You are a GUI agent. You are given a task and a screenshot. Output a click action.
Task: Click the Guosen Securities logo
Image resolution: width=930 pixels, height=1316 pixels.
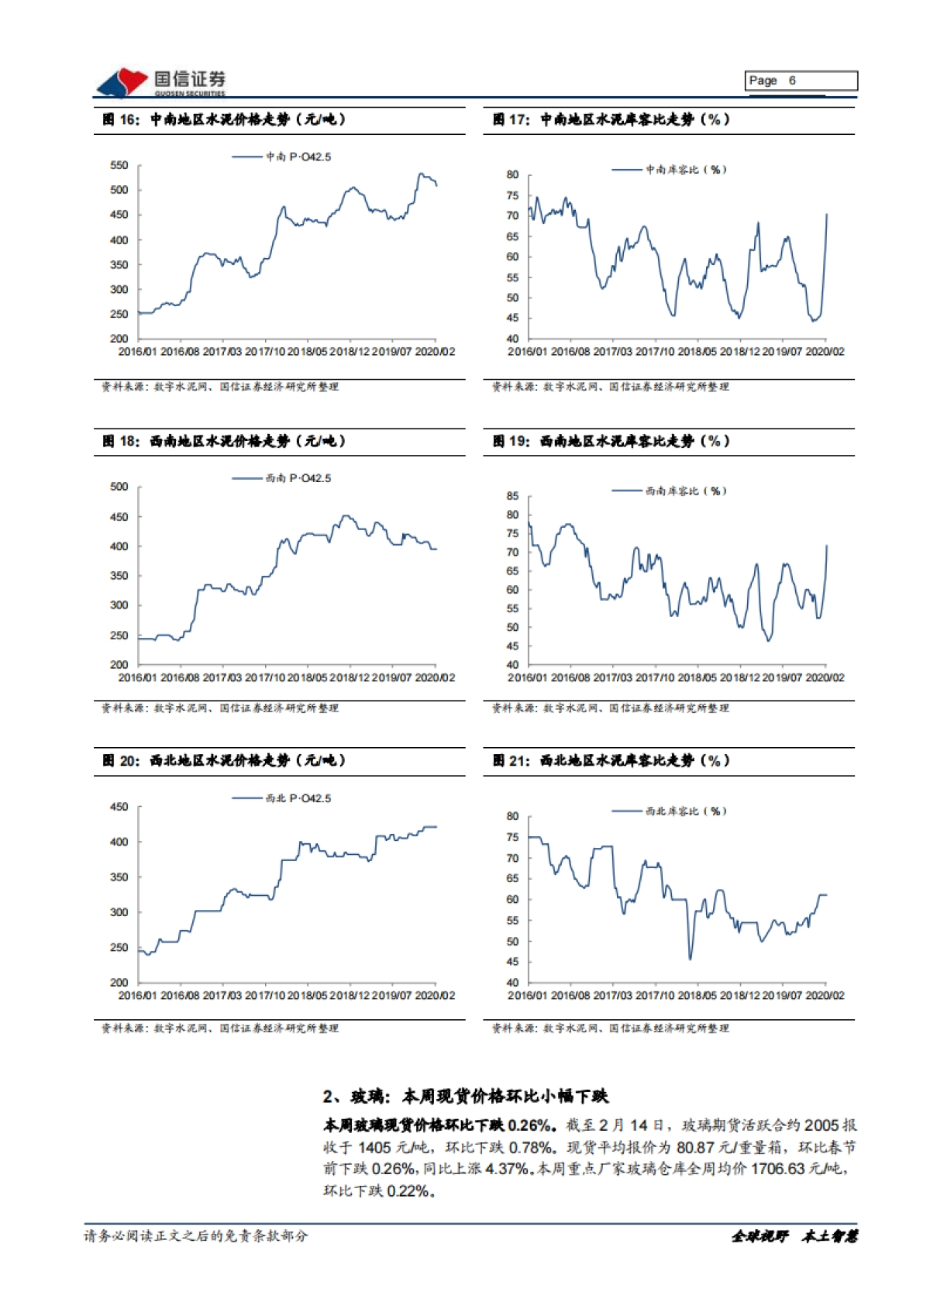click(x=160, y=82)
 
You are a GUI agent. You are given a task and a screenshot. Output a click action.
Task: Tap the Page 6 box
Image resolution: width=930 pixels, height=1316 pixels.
click(x=801, y=81)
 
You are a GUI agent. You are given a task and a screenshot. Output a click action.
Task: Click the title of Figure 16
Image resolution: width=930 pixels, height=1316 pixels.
click(x=224, y=119)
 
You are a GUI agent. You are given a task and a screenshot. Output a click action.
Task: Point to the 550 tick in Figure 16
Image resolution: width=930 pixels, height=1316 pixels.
click(x=119, y=165)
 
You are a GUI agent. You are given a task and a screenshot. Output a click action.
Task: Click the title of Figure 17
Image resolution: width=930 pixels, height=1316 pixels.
click(x=611, y=119)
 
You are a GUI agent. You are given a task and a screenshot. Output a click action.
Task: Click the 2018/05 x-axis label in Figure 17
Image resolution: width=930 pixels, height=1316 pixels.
click(x=697, y=352)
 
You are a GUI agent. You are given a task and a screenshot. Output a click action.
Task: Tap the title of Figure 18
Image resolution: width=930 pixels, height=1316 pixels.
click(x=224, y=441)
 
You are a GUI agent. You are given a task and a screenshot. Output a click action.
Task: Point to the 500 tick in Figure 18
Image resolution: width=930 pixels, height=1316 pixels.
click(x=119, y=487)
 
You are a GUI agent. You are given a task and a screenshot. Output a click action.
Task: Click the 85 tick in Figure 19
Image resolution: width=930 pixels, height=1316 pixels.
click(x=512, y=496)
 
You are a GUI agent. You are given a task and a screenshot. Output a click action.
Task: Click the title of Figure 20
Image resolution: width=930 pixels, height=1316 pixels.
click(x=224, y=760)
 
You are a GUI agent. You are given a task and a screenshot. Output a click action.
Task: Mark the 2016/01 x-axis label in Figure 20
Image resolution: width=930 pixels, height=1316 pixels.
click(x=137, y=995)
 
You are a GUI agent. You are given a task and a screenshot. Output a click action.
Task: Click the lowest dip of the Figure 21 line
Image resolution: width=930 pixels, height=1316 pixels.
click(x=690, y=959)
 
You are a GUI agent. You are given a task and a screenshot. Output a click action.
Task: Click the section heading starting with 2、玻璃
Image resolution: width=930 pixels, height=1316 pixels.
click(x=466, y=1096)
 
